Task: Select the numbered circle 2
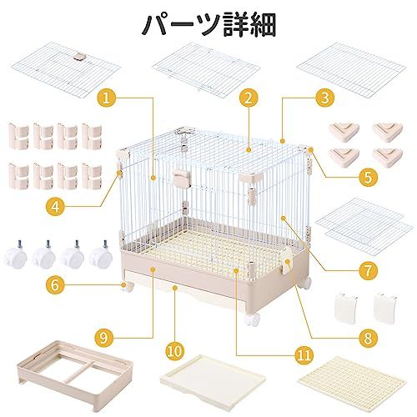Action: tap(246, 98)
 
